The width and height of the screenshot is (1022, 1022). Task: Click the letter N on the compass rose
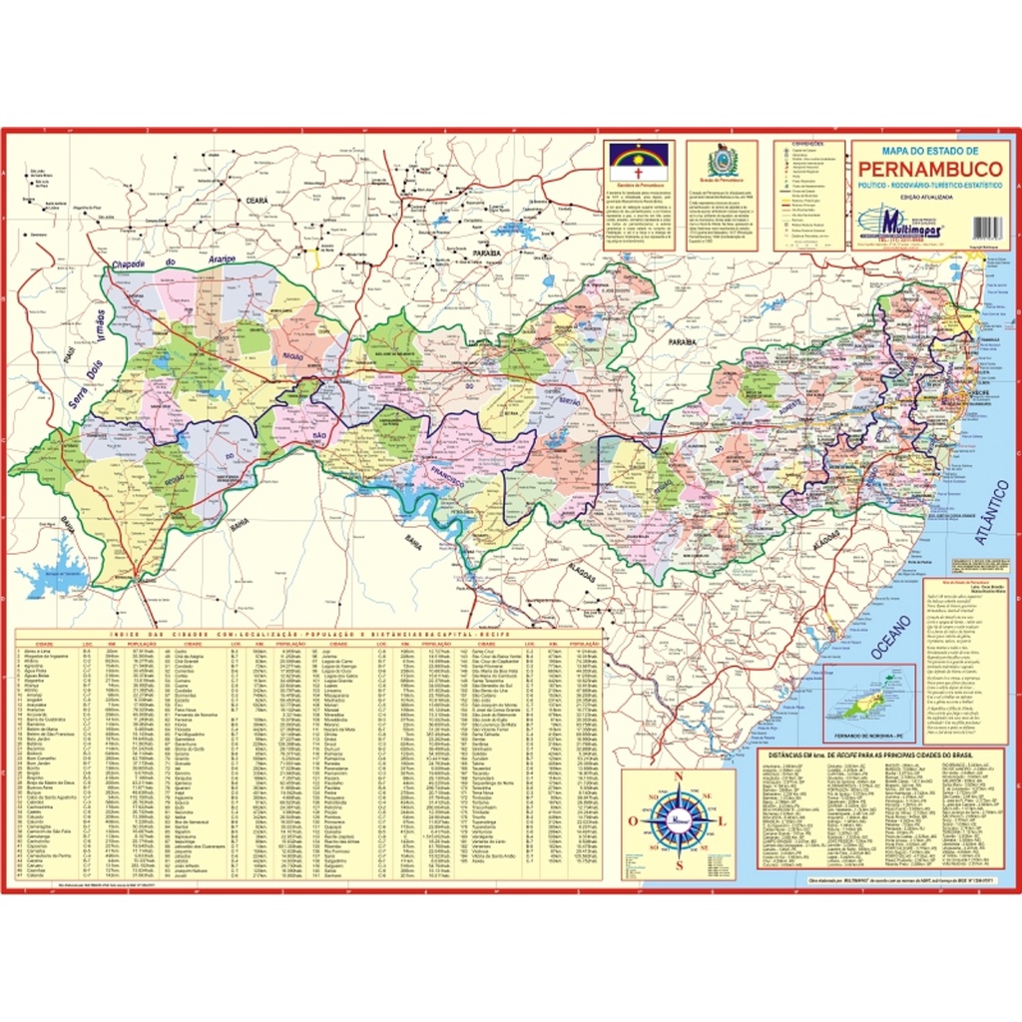point(678,778)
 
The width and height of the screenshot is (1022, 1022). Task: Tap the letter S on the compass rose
point(678,864)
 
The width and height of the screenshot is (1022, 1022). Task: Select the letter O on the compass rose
point(633,821)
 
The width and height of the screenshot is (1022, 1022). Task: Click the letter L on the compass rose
point(723,821)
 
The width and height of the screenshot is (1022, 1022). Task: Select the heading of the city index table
point(309,635)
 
